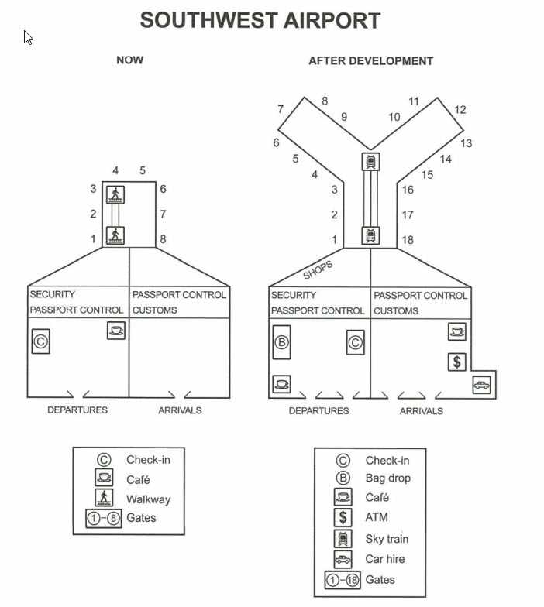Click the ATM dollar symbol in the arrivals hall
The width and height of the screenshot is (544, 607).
[457, 362]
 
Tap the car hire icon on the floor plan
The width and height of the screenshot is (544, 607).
[482, 385]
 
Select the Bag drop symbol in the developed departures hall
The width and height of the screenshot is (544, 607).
[282, 342]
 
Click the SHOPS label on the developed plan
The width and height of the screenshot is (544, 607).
[318, 269]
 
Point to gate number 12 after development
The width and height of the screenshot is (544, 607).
[460, 110]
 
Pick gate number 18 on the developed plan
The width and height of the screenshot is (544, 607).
[408, 240]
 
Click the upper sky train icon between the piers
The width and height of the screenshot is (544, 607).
[370, 161]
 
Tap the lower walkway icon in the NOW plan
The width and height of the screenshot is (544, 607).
[115, 235]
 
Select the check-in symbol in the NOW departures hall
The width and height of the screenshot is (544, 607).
[40, 341]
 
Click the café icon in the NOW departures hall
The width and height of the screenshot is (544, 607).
[116, 331]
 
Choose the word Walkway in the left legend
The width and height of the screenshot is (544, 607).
[149, 499]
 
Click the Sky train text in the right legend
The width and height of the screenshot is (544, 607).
[387, 539]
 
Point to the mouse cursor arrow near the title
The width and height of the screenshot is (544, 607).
[28, 37]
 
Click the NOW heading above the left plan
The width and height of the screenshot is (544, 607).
[130, 60]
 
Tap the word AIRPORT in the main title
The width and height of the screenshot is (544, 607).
[332, 20]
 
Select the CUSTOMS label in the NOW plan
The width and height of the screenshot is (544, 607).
[155, 310]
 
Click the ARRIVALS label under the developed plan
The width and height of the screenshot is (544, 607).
[422, 411]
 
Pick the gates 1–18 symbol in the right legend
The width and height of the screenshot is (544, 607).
[343, 580]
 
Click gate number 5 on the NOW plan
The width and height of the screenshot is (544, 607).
[143, 170]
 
